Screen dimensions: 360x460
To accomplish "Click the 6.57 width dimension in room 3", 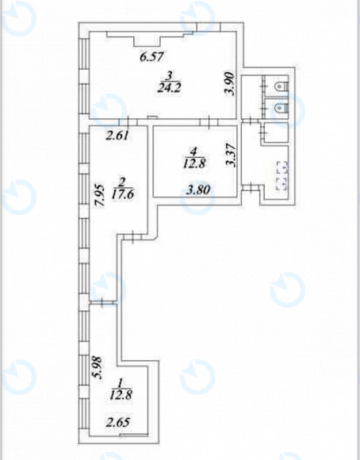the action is tap(151, 56).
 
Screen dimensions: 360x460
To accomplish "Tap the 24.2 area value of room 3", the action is tap(169, 87).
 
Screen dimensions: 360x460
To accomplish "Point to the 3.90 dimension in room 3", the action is tap(229, 83).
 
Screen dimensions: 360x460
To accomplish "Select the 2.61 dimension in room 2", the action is tap(117, 136).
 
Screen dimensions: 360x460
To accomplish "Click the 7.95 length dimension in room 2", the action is tap(101, 196).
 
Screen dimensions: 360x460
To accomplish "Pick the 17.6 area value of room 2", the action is tap(123, 194).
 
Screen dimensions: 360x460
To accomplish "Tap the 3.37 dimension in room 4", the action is tap(232, 155).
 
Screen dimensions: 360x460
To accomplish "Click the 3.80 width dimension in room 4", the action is tap(198, 190).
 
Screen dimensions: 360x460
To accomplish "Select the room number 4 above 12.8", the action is tap(193, 151).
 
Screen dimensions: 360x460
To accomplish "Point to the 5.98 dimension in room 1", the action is tap(97, 368).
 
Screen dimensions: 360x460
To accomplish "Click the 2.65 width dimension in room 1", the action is tap(117, 423).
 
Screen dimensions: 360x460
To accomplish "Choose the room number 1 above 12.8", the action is tap(120, 383).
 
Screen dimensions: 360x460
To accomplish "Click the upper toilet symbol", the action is tap(281, 86).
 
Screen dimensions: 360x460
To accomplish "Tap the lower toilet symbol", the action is tap(281, 109).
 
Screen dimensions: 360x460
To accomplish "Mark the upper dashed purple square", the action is tap(282, 167).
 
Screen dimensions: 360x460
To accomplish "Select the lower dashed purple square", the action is tap(281, 183).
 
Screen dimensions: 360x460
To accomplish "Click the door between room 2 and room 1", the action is tap(103, 302).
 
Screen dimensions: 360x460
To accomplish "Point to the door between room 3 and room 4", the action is tap(209, 122).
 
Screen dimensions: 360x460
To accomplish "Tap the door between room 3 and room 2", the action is tap(128, 122).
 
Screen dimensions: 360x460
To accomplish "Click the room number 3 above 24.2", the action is tap(169, 76).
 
